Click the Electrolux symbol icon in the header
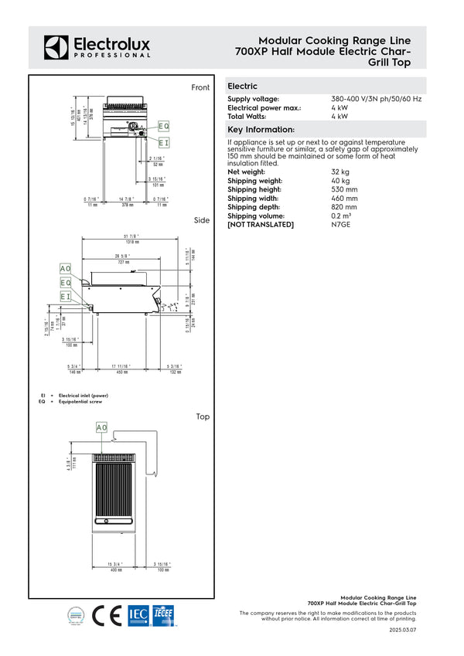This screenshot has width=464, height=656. click(56, 46)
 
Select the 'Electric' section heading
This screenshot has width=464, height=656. click(242, 87)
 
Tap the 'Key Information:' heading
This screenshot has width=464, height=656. click(261, 129)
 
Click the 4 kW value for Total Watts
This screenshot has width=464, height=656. click(339, 116)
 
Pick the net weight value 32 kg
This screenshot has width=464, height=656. click(340, 171)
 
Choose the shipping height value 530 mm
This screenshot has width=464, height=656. click(344, 189)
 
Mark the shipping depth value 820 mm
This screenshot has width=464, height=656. click(344, 207)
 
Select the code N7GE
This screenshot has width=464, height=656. click(341, 225)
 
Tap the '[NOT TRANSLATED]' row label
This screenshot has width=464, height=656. click(261, 225)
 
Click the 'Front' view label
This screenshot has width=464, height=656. click(200, 88)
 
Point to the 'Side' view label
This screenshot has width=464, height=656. click(202, 221)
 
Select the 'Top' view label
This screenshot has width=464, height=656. click(203, 417)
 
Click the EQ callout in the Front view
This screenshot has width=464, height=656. click(163, 126)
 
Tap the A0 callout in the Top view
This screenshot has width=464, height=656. click(102, 427)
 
